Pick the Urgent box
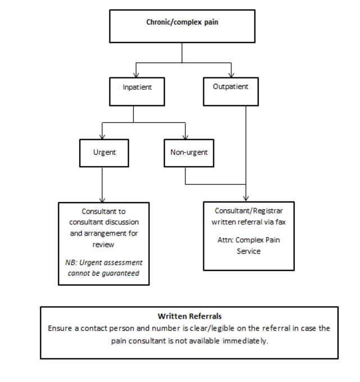pyautogui.click(x=104, y=152)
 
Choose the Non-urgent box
pyautogui.click(x=189, y=152)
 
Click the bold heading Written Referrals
pyautogui.click(x=189, y=316)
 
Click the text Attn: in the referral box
pyautogui.click(x=225, y=240)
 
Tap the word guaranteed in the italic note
pyautogui.click(x=122, y=273)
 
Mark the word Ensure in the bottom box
pyautogui.click(x=60, y=328)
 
